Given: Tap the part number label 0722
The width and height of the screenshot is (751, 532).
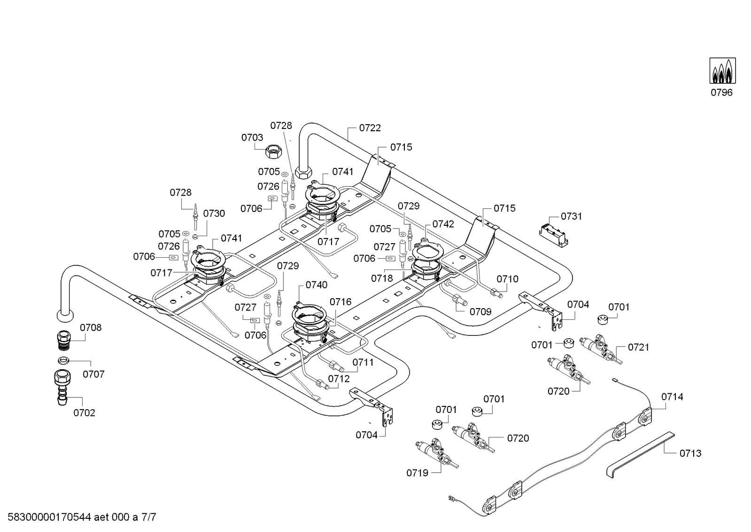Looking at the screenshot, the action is tap(370, 128).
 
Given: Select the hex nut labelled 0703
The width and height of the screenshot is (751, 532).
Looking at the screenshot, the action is tap(273, 151).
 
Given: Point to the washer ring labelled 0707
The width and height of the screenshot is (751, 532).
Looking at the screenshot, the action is tap(63, 361).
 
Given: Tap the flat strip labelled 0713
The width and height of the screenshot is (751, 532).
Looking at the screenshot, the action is tap(640, 454).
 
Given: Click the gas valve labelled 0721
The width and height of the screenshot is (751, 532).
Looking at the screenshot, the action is tap(601, 349).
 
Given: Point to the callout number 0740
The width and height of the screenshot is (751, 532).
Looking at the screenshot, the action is tap(317, 285).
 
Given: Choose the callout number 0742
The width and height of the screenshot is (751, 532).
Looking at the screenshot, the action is tap(443, 224).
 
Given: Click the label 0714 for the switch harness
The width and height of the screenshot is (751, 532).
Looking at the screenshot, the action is tap(672, 397).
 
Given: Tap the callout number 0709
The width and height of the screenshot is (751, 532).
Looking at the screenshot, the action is tap(480, 312).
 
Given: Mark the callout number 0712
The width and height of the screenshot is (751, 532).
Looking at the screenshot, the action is tap(339, 379).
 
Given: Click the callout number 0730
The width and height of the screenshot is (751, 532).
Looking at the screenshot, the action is tap(214, 214).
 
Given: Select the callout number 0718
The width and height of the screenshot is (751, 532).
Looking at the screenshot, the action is tap(382, 278).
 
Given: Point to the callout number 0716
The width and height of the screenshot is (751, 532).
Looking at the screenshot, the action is tap(341, 302).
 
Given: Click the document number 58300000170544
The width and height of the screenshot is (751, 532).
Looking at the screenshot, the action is tap(49, 517).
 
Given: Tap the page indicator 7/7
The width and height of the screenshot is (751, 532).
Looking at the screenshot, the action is tap(149, 517).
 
